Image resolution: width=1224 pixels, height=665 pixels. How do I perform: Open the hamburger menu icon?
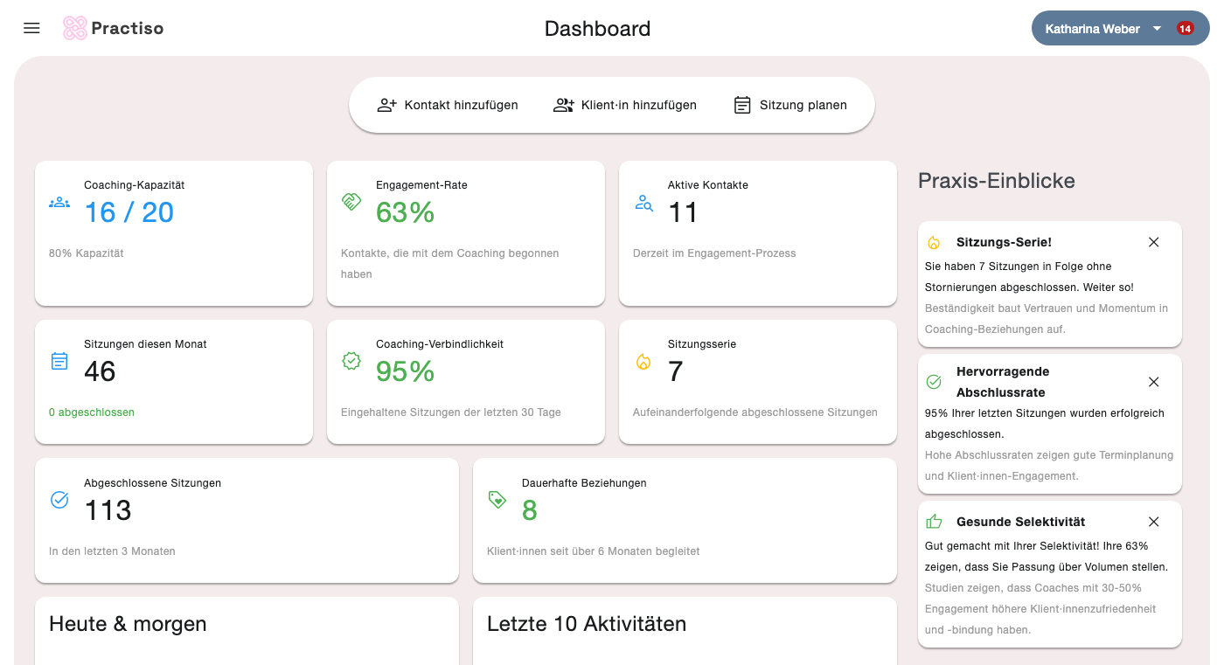[31, 28]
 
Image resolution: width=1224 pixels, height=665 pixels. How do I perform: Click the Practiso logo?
[113, 28]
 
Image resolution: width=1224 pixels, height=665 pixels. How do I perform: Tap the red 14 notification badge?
[1185, 28]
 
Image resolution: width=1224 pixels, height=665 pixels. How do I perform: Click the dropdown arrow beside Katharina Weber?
[1157, 28]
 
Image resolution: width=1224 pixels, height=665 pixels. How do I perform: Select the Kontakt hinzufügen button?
[448, 105]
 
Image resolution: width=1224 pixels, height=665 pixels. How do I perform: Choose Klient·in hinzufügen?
[624, 105]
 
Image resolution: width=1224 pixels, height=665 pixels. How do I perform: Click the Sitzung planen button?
[790, 105]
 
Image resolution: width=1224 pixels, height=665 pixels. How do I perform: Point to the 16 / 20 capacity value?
[129, 211]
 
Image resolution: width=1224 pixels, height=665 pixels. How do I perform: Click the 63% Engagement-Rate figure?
[405, 211]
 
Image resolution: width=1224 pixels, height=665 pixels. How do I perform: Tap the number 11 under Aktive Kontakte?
[683, 211]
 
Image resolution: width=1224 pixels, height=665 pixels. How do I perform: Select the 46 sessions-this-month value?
[100, 371]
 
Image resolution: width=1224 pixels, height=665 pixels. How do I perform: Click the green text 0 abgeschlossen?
[91, 412]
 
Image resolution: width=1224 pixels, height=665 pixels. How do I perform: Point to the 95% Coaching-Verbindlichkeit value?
[405, 371]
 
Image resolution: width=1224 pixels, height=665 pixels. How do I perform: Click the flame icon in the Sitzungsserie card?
[643, 362]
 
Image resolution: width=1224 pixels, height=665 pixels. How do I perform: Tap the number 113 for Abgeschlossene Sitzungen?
[108, 510]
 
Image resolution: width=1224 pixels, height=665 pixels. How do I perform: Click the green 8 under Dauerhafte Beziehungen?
[530, 510]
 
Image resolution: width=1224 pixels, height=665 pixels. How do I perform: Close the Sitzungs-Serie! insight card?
[1153, 242]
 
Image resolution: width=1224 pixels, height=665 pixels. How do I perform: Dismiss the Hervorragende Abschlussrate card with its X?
[1153, 382]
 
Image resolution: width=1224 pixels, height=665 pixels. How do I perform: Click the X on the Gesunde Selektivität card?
[1153, 522]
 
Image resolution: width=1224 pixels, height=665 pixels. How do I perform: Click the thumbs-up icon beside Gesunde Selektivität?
[934, 522]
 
